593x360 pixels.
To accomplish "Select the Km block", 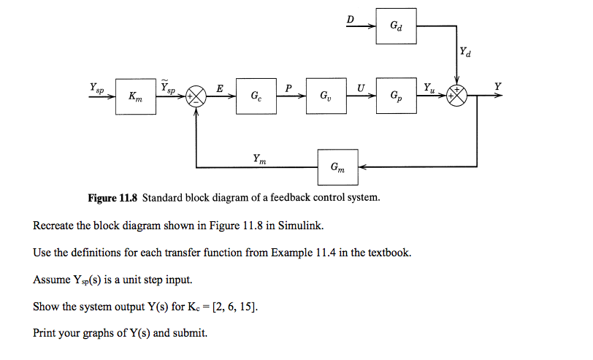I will [136, 96].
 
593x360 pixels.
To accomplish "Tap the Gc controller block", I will [256, 96].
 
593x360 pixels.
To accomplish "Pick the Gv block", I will [325, 96].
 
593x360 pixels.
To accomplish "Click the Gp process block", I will [396, 96].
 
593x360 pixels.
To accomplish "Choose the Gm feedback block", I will [337, 167].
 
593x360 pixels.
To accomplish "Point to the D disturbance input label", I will [351, 20].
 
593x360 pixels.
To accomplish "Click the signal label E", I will [220, 88].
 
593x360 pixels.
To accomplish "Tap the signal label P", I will [289, 88].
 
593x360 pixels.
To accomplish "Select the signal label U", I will [361, 88].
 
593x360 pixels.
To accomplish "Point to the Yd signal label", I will [466, 52].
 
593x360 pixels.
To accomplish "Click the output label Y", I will [498, 87].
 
